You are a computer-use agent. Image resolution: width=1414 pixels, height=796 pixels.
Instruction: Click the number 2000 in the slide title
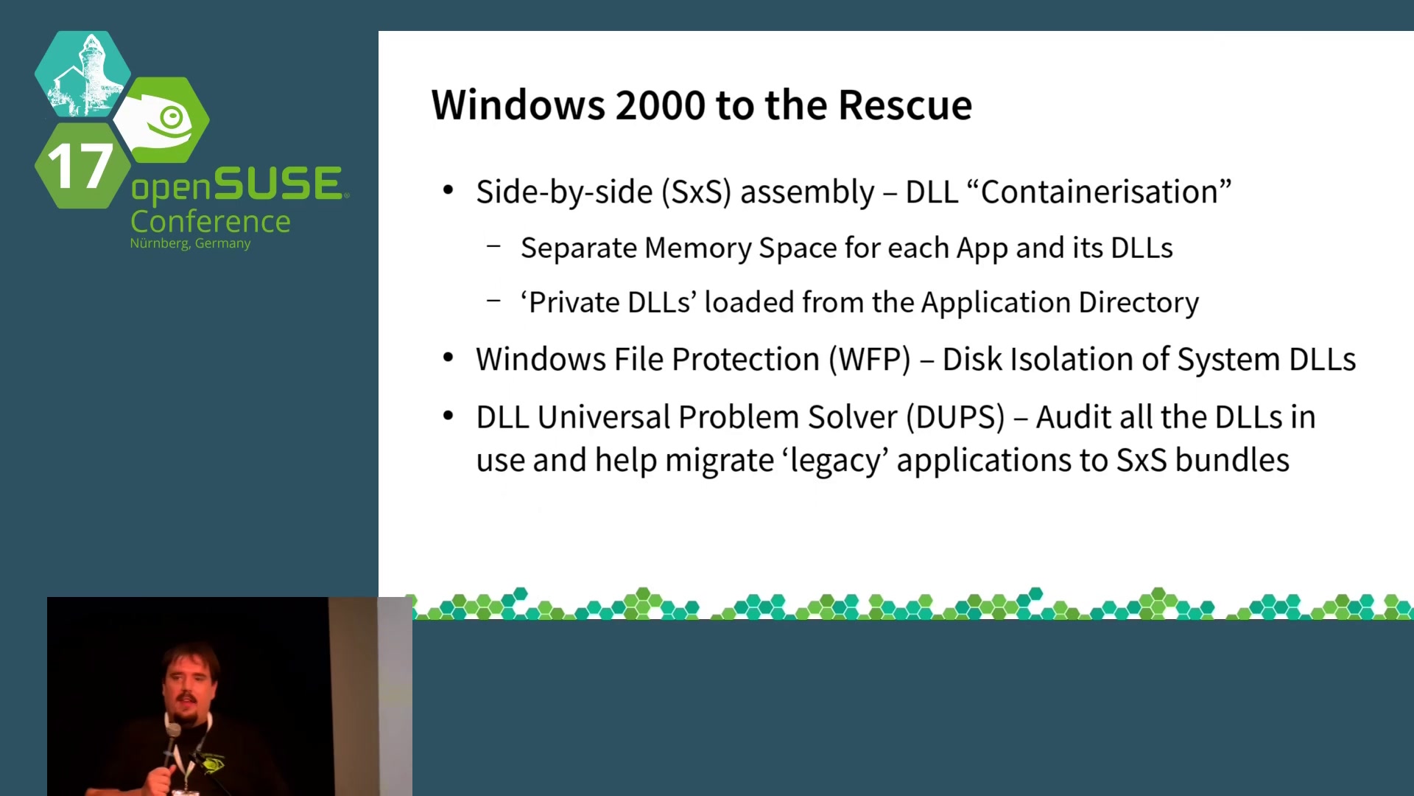pyautogui.click(x=660, y=105)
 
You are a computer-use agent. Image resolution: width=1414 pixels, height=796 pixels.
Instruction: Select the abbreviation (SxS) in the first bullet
pyautogui.click(x=696, y=192)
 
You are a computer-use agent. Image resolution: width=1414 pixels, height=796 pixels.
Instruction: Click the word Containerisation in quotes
pyautogui.click(x=1099, y=192)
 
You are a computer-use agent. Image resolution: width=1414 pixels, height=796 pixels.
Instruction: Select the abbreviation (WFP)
pyautogui.click(x=869, y=360)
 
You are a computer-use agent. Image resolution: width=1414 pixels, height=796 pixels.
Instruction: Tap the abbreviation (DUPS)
pyautogui.click(x=955, y=417)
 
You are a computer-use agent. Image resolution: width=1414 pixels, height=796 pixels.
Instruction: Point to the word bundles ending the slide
pyautogui.click(x=1232, y=460)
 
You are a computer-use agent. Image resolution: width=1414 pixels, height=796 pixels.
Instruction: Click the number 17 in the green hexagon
pyautogui.click(x=80, y=167)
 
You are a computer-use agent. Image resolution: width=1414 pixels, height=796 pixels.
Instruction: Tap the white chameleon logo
pyautogui.click(x=161, y=120)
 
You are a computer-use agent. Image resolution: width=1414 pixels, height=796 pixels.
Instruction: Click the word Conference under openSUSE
pyautogui.click(x=210, y=222)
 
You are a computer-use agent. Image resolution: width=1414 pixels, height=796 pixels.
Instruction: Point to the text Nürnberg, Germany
pyautogui.click(x=190, y=243)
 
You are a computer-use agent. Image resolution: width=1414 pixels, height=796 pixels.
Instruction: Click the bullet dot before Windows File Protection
pyautogui.click(x=448, y=359)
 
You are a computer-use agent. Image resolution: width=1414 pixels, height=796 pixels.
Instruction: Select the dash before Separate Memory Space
pyautogui.click(x=493, y=246)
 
